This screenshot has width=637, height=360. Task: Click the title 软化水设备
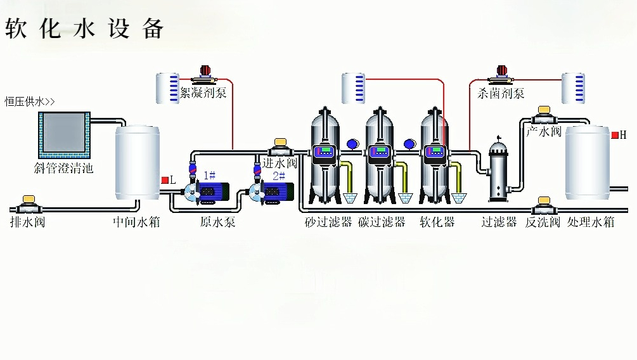click(x=84, y=29)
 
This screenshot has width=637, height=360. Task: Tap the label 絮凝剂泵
click(x=203, y=94)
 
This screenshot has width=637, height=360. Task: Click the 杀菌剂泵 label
click(x=501, y=94)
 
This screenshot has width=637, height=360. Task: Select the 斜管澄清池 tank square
click(x=62, y=135)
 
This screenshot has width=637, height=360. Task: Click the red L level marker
click(x=165, y=180)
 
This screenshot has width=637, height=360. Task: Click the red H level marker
click(x=614, y=135)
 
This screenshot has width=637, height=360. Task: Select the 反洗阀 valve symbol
click(x=543, y=205)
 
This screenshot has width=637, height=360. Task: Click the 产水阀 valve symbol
click(x=543, y=116)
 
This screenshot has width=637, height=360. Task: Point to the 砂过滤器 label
click(x=328, y=222)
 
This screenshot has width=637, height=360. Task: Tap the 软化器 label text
click(x=437, y=222)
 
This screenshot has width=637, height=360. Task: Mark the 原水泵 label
click(x=217, y=222)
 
